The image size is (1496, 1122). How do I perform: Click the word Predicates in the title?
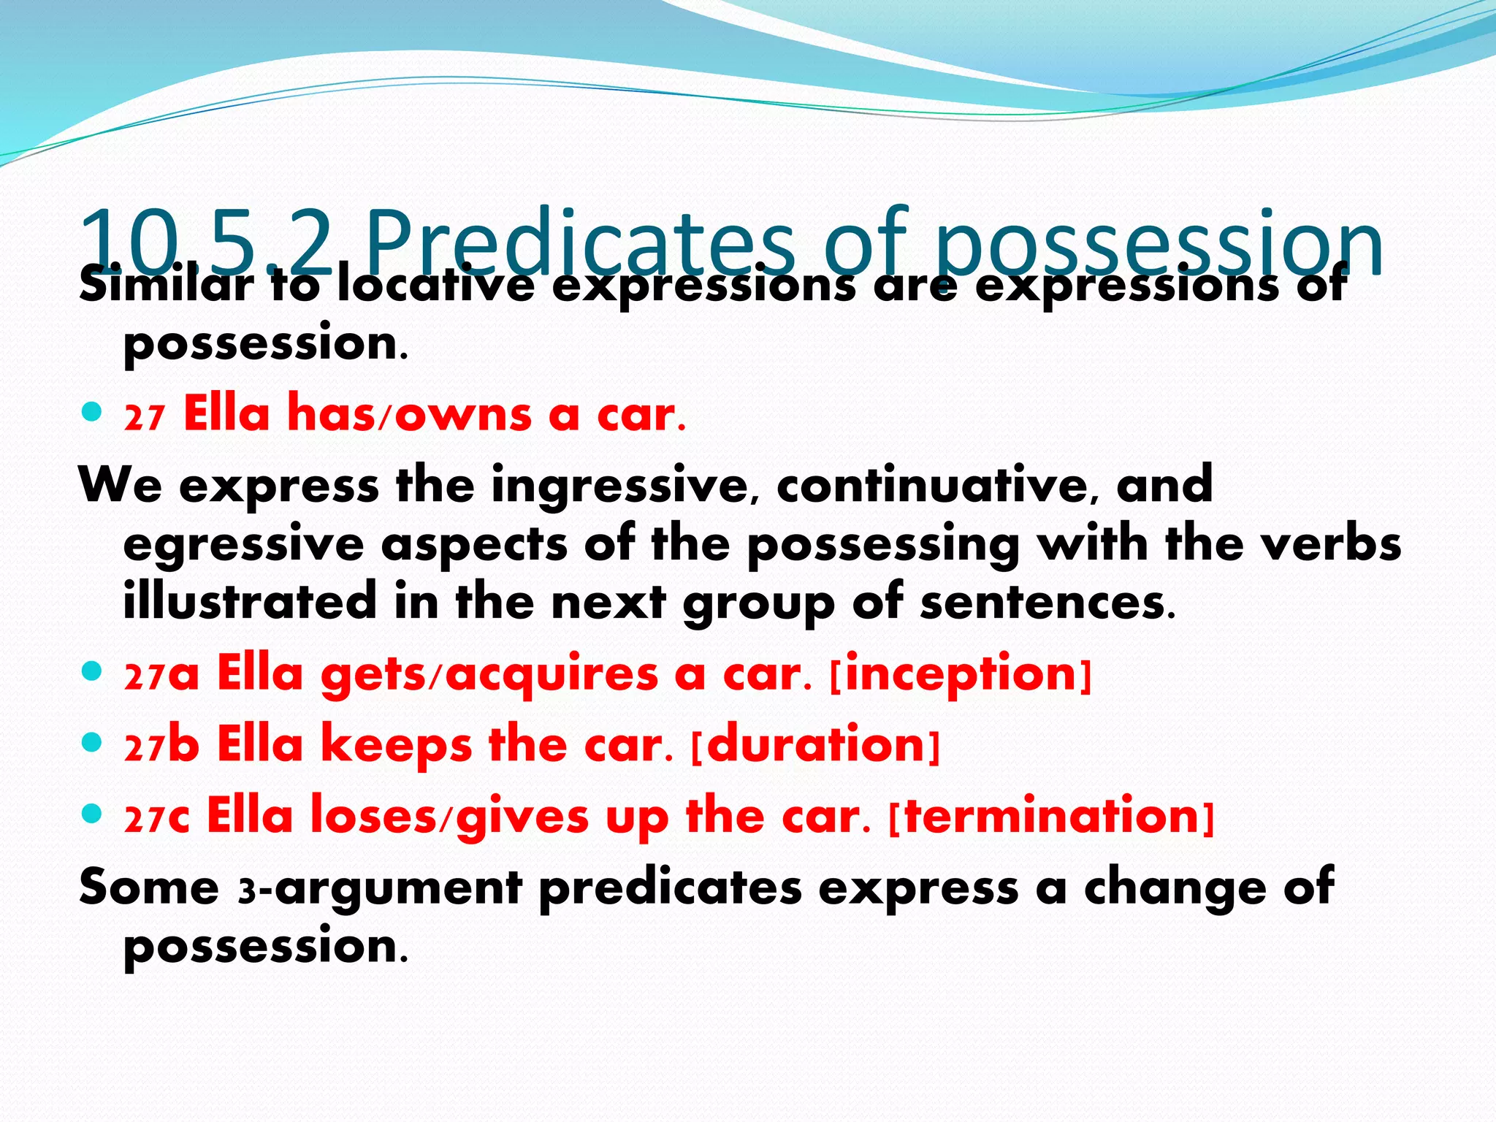(x=581, y=241)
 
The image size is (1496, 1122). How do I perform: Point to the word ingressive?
(x=619, y=486)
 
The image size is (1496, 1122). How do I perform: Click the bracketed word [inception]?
(x=961, y=673)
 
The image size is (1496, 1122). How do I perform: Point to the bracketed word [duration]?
(x=815, y=745)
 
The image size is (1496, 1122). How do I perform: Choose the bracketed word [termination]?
(x=1052, y=816)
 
